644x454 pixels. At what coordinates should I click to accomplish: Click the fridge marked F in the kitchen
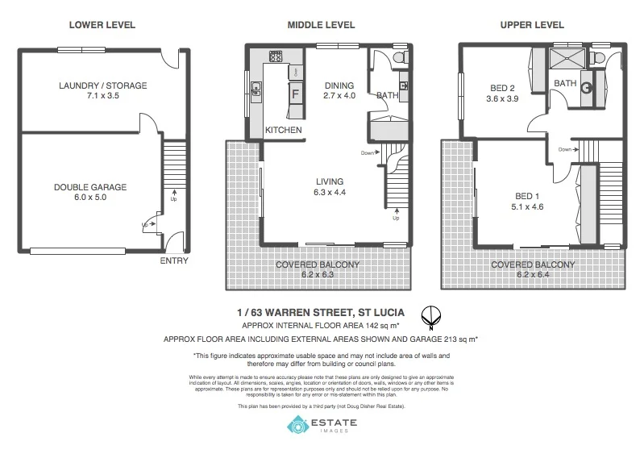[295, 93]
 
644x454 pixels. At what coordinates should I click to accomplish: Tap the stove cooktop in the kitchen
[276, 56]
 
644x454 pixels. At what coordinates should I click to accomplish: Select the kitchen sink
[256, 89]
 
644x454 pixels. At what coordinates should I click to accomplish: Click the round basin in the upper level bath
[587, 88]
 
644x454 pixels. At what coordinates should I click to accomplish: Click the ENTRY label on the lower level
[174, 260]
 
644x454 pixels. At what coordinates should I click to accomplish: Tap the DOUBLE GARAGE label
[90, 187]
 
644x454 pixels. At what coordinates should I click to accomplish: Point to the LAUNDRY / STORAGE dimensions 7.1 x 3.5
[102, 95]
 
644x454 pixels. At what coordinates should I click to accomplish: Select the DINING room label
[339, 85]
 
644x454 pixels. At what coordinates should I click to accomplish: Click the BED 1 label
[527, 195]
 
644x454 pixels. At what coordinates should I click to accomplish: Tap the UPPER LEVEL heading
[531, 25]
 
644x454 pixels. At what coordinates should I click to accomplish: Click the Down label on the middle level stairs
[368, 152]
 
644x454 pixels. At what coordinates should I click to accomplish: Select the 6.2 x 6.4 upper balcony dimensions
[532, 274]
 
